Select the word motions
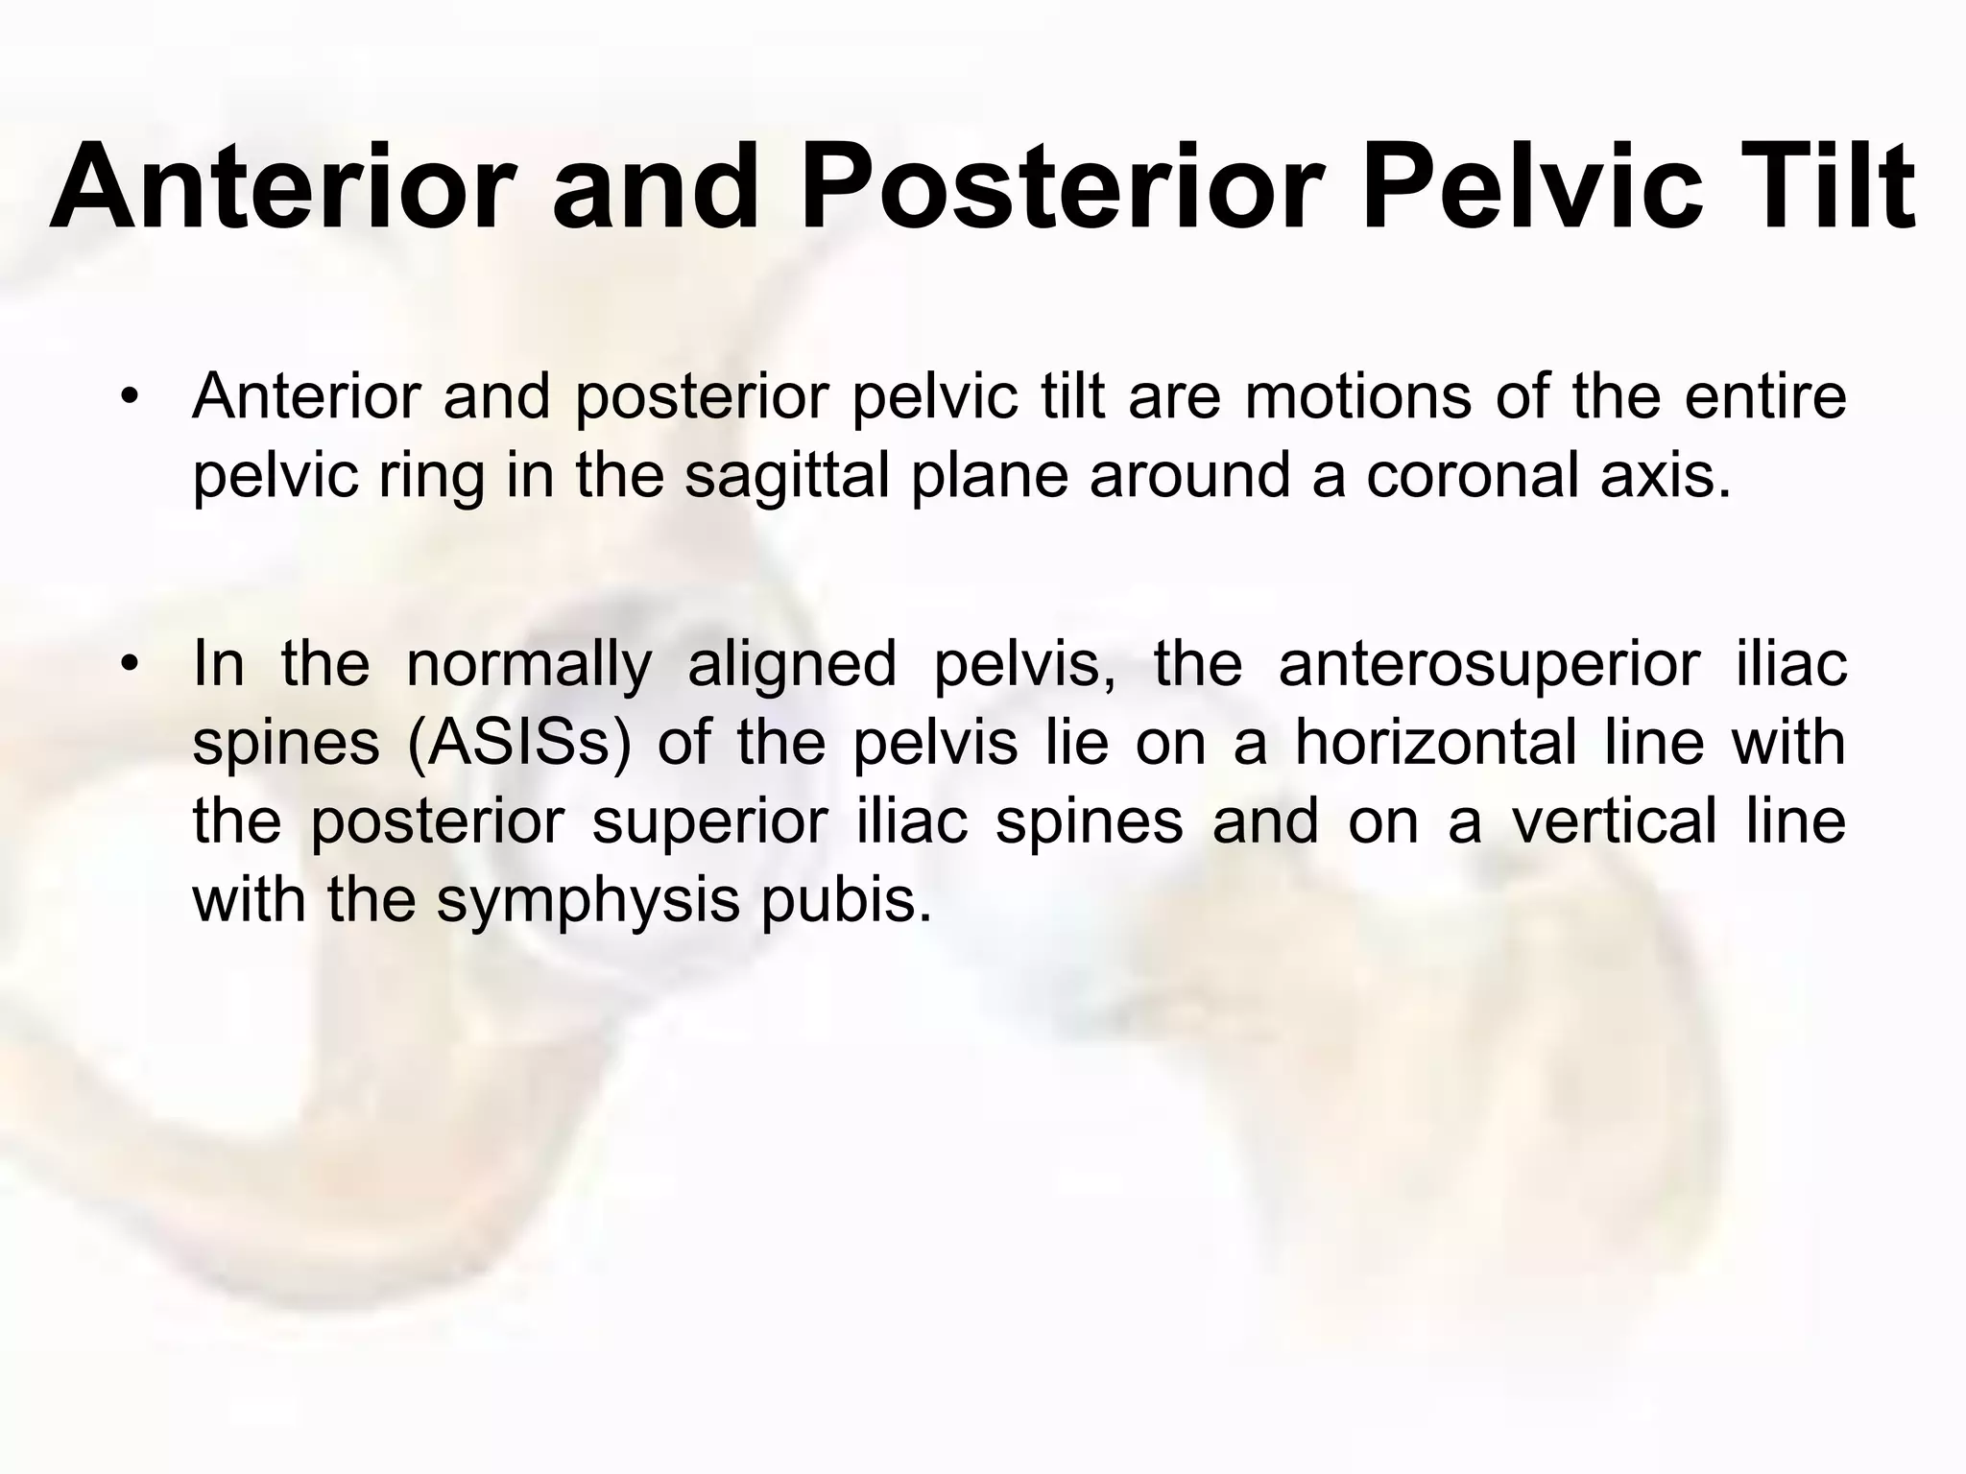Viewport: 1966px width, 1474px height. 1357,395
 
